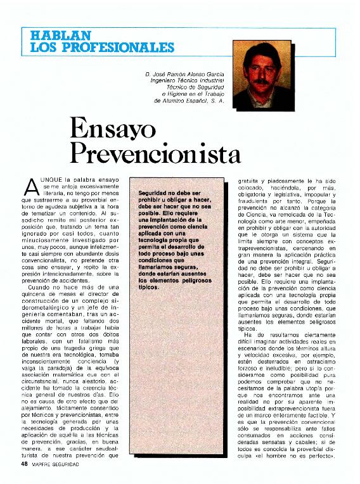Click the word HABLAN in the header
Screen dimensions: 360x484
tap(52, 35)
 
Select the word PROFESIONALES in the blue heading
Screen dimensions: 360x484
tap(120, 48)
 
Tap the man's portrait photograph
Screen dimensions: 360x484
tap(264, 74)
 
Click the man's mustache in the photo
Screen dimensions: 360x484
tap(262, 80)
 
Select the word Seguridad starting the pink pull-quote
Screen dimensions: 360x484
tap(154, 193)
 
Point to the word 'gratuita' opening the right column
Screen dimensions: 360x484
tap(248, 180)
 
